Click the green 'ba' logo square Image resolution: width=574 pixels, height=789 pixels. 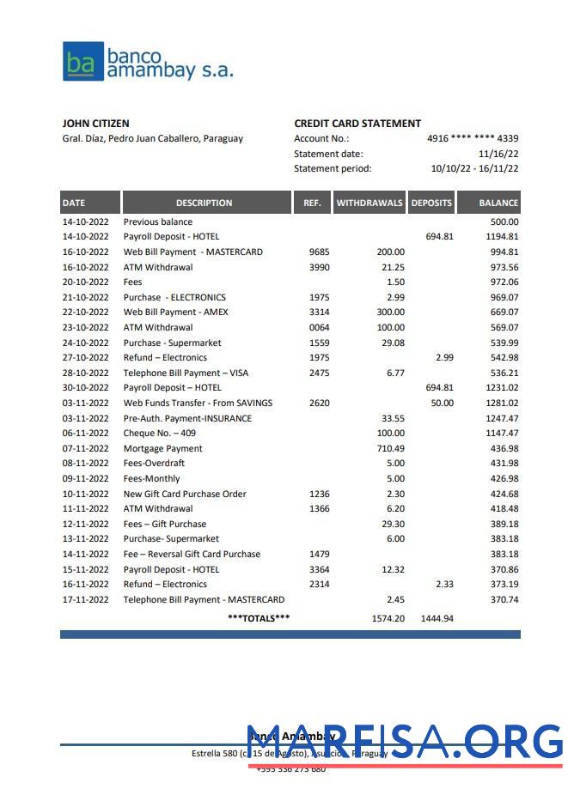tap(82, 62)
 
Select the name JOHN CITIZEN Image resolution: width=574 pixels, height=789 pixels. tap(96, 124)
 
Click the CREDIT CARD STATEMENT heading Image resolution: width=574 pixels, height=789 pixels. tap(357, 124)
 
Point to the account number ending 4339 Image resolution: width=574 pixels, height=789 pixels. tap(473, 138)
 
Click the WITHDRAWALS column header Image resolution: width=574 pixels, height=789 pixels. tap(369, 203)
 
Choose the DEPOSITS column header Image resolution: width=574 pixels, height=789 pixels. tap(431, 203)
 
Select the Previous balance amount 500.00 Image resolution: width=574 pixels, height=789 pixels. tap(504, 222)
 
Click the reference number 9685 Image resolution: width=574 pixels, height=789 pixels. tap(319, 252)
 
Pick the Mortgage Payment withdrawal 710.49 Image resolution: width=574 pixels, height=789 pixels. tap(390, 448)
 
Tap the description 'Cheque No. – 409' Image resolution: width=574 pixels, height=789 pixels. tap(160, 434)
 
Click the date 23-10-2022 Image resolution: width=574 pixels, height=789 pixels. tap(86, 327)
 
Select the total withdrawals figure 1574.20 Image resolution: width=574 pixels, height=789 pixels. tap(388, 618)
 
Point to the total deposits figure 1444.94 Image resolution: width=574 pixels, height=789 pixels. tap(437, 618)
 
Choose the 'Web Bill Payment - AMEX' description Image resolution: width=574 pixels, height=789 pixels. tap(176, 313)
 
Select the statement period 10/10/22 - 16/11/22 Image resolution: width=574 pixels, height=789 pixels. tap(474, 169)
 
